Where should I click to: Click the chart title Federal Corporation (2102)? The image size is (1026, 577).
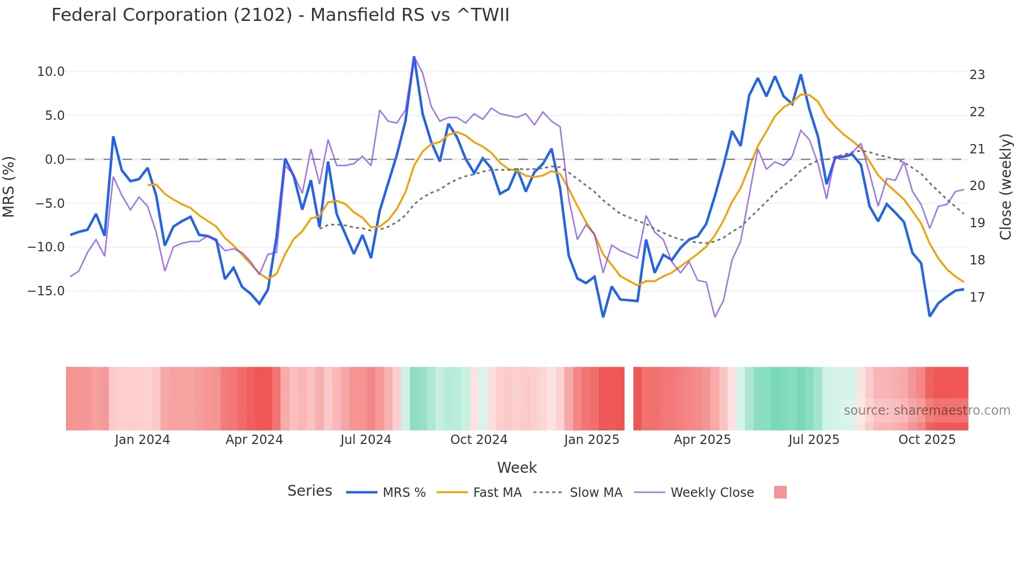tap(280, 15)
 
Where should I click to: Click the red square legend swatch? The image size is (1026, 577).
tap(780, 492)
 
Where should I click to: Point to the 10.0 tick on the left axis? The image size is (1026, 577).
tap(51, 72)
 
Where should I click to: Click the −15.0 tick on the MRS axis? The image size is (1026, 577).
tap(46, 291)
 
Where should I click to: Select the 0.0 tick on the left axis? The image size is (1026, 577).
tap(55, 159)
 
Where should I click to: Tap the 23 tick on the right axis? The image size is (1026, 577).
tap(977, 75)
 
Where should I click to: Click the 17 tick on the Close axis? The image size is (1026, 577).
tap(977, 297)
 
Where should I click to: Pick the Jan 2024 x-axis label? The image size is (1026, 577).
tap(142, 440)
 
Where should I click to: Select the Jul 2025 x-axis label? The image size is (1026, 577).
tap(813, 440)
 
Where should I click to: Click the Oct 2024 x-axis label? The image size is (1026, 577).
tap(478, 440)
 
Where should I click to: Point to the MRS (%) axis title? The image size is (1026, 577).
tap(9, 186)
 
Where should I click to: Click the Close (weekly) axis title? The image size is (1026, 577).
tap(1005, 186)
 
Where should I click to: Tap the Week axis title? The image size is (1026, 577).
tap(517, 468)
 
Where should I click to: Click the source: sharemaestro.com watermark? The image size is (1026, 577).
tap(927, 410)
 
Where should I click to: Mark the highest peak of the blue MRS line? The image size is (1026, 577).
tap(414, 58)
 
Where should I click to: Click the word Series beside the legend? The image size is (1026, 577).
tap(309, 491)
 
